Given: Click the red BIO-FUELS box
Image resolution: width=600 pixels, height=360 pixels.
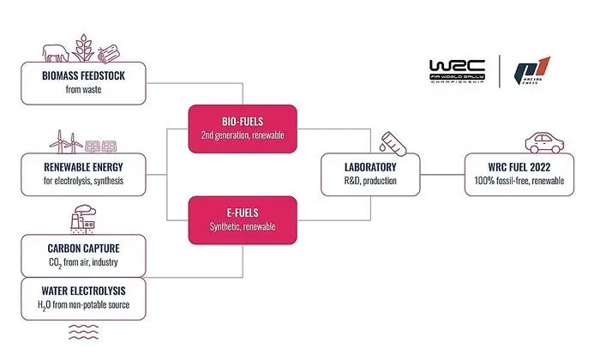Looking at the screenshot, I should click(x=242, y=129).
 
